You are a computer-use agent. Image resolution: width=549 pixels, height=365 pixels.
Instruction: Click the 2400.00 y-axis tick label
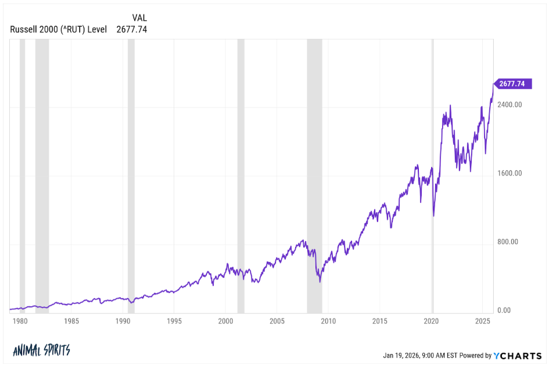point(510,105)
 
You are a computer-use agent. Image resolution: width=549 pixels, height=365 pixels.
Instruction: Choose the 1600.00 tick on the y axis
point(510,173)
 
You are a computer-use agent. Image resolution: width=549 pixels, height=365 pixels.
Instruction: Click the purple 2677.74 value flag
point(512,84)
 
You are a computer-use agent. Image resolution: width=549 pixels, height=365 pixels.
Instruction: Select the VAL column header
point(139,18)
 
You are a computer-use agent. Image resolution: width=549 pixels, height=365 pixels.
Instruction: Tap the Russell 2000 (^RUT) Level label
point(59,29)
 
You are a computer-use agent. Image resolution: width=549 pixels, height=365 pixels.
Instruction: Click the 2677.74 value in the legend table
point(131,29)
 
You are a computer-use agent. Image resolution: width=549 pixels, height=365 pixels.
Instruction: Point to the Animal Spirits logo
point(41,350)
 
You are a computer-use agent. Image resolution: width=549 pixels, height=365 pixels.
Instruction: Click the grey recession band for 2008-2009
point(314,174)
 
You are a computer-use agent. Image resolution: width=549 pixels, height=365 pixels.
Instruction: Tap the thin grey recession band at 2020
point(433,174)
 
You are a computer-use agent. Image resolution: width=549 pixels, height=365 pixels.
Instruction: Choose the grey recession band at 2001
point(241,174)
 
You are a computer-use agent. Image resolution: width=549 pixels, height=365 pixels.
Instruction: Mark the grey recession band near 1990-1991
point(131,174)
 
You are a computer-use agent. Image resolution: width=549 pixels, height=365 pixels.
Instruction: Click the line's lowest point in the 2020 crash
point(433,216)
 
